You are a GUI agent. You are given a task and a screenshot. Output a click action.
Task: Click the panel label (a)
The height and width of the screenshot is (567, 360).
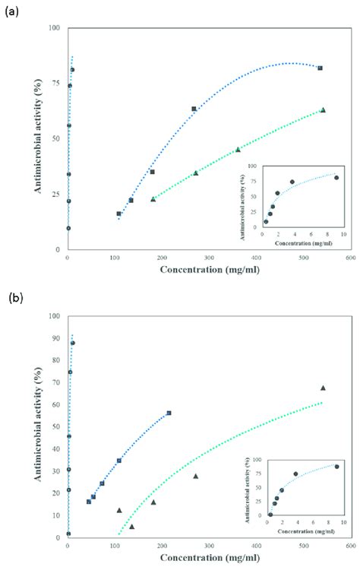[12, 13]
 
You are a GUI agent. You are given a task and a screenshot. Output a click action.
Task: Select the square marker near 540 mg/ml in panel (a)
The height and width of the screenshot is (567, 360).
[320, 68]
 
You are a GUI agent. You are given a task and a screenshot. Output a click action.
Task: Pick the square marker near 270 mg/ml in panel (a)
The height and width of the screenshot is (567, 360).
[194, 109]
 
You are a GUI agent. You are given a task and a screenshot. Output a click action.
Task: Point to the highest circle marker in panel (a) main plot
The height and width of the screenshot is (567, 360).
[72, 70]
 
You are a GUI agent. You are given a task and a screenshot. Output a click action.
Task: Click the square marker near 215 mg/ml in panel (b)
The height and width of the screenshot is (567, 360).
[169, 413]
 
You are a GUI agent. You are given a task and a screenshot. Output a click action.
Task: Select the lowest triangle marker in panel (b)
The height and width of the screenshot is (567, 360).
[131, 526]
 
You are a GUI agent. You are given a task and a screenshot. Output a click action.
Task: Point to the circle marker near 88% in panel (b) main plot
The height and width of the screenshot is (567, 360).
[72, 343]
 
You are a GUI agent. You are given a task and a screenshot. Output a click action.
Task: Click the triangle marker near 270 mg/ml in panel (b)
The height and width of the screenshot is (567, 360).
[195, 476]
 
